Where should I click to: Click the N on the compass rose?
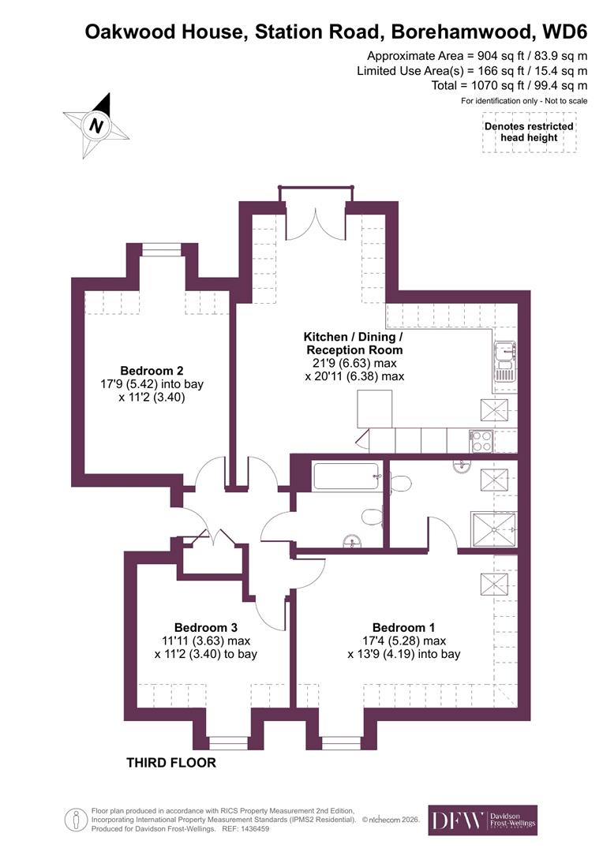pyautogui.click(x=96, y=125)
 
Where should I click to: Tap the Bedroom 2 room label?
pyautogui.click(x=152, y=371)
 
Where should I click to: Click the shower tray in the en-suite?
pyautogui.click(x=493, y=529)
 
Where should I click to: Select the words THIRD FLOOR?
pyautogui.click(x=170, y=763)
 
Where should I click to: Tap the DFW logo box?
pyautogui.click(x=482, y=820)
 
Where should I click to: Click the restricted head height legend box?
pyautogui.click(x=529, y=132)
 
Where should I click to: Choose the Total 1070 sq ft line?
pyautogui.click(x=509, y=85)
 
